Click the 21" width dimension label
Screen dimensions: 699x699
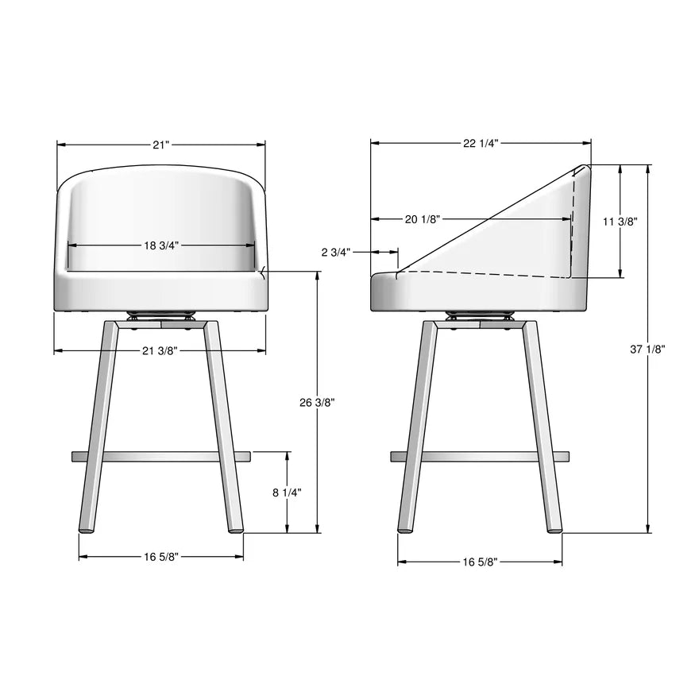point(161,145)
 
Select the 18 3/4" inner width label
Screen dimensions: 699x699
point(161,245)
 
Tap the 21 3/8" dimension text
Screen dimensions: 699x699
point(160,350)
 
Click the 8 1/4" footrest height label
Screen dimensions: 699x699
point(287,492)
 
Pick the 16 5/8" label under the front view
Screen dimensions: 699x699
point(161,557)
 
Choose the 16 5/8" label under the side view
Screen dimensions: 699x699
point(480,562)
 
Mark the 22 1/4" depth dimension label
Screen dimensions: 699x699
point(481,144)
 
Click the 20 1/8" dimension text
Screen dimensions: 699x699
point(422,219)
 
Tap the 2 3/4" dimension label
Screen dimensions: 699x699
point(335,252)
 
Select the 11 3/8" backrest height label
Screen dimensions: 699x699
point(620,222)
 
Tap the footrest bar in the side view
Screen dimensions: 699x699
point(480,457)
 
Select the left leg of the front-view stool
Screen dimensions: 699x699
point(100,429)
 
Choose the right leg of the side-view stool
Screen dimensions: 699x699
point(542,429)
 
